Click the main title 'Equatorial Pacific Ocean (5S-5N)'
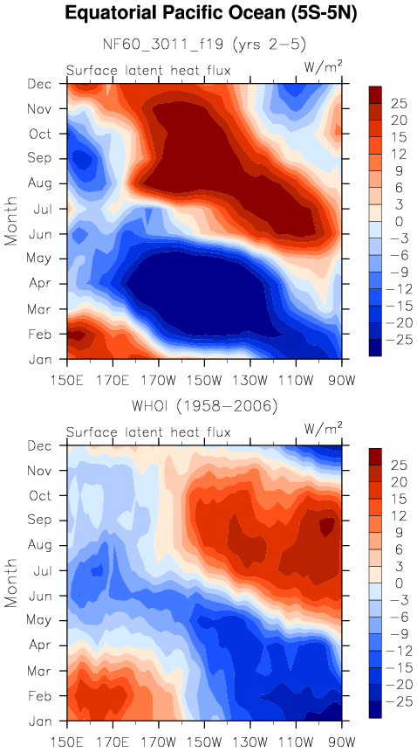[x=211, y=14]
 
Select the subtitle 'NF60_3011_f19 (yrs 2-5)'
[x=204, y=45]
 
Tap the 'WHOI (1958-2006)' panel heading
[x=204, y=407]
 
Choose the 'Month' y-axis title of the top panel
[x=11, y=221]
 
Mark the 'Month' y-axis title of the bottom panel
[x=11, y=583]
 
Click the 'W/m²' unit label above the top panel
[x=324, y=68]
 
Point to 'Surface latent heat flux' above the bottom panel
[x=148, y=432]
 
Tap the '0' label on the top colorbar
[x=386, y=222]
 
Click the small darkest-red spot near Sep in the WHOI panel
[x=327, y=527]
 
